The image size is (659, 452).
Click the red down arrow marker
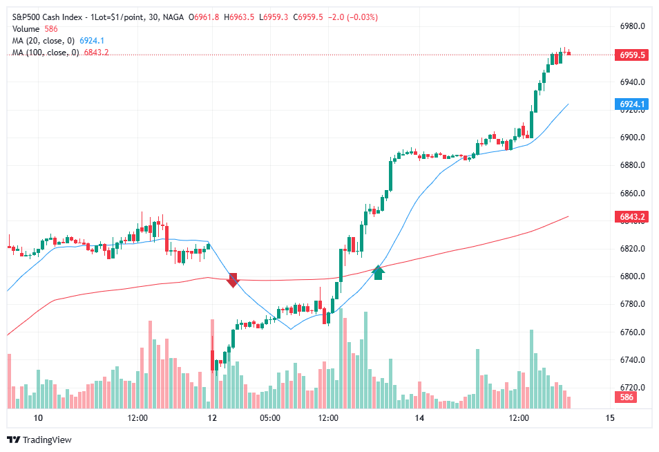click(233, 280)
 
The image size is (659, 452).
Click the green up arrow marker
click(378, 272)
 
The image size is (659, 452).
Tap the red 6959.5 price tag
click(633, 55)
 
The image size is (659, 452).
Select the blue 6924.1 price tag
click(633, 104)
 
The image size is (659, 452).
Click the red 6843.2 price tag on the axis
click(633, 217)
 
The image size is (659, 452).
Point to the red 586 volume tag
click(627, 397)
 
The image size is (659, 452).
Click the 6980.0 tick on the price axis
click(633, 26)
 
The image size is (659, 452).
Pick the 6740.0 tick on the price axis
click(633, 360)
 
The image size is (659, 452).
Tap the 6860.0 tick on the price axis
click(633, 194)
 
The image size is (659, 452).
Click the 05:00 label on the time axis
click(269, 418)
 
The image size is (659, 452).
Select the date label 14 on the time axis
click(419, 418)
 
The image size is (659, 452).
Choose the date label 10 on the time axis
click(38, 418)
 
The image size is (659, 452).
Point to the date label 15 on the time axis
click(609, 418)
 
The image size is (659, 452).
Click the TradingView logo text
click(47, 440)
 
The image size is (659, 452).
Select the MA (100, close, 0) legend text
click(45, 53)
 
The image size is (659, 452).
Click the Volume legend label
click(26, 29)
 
